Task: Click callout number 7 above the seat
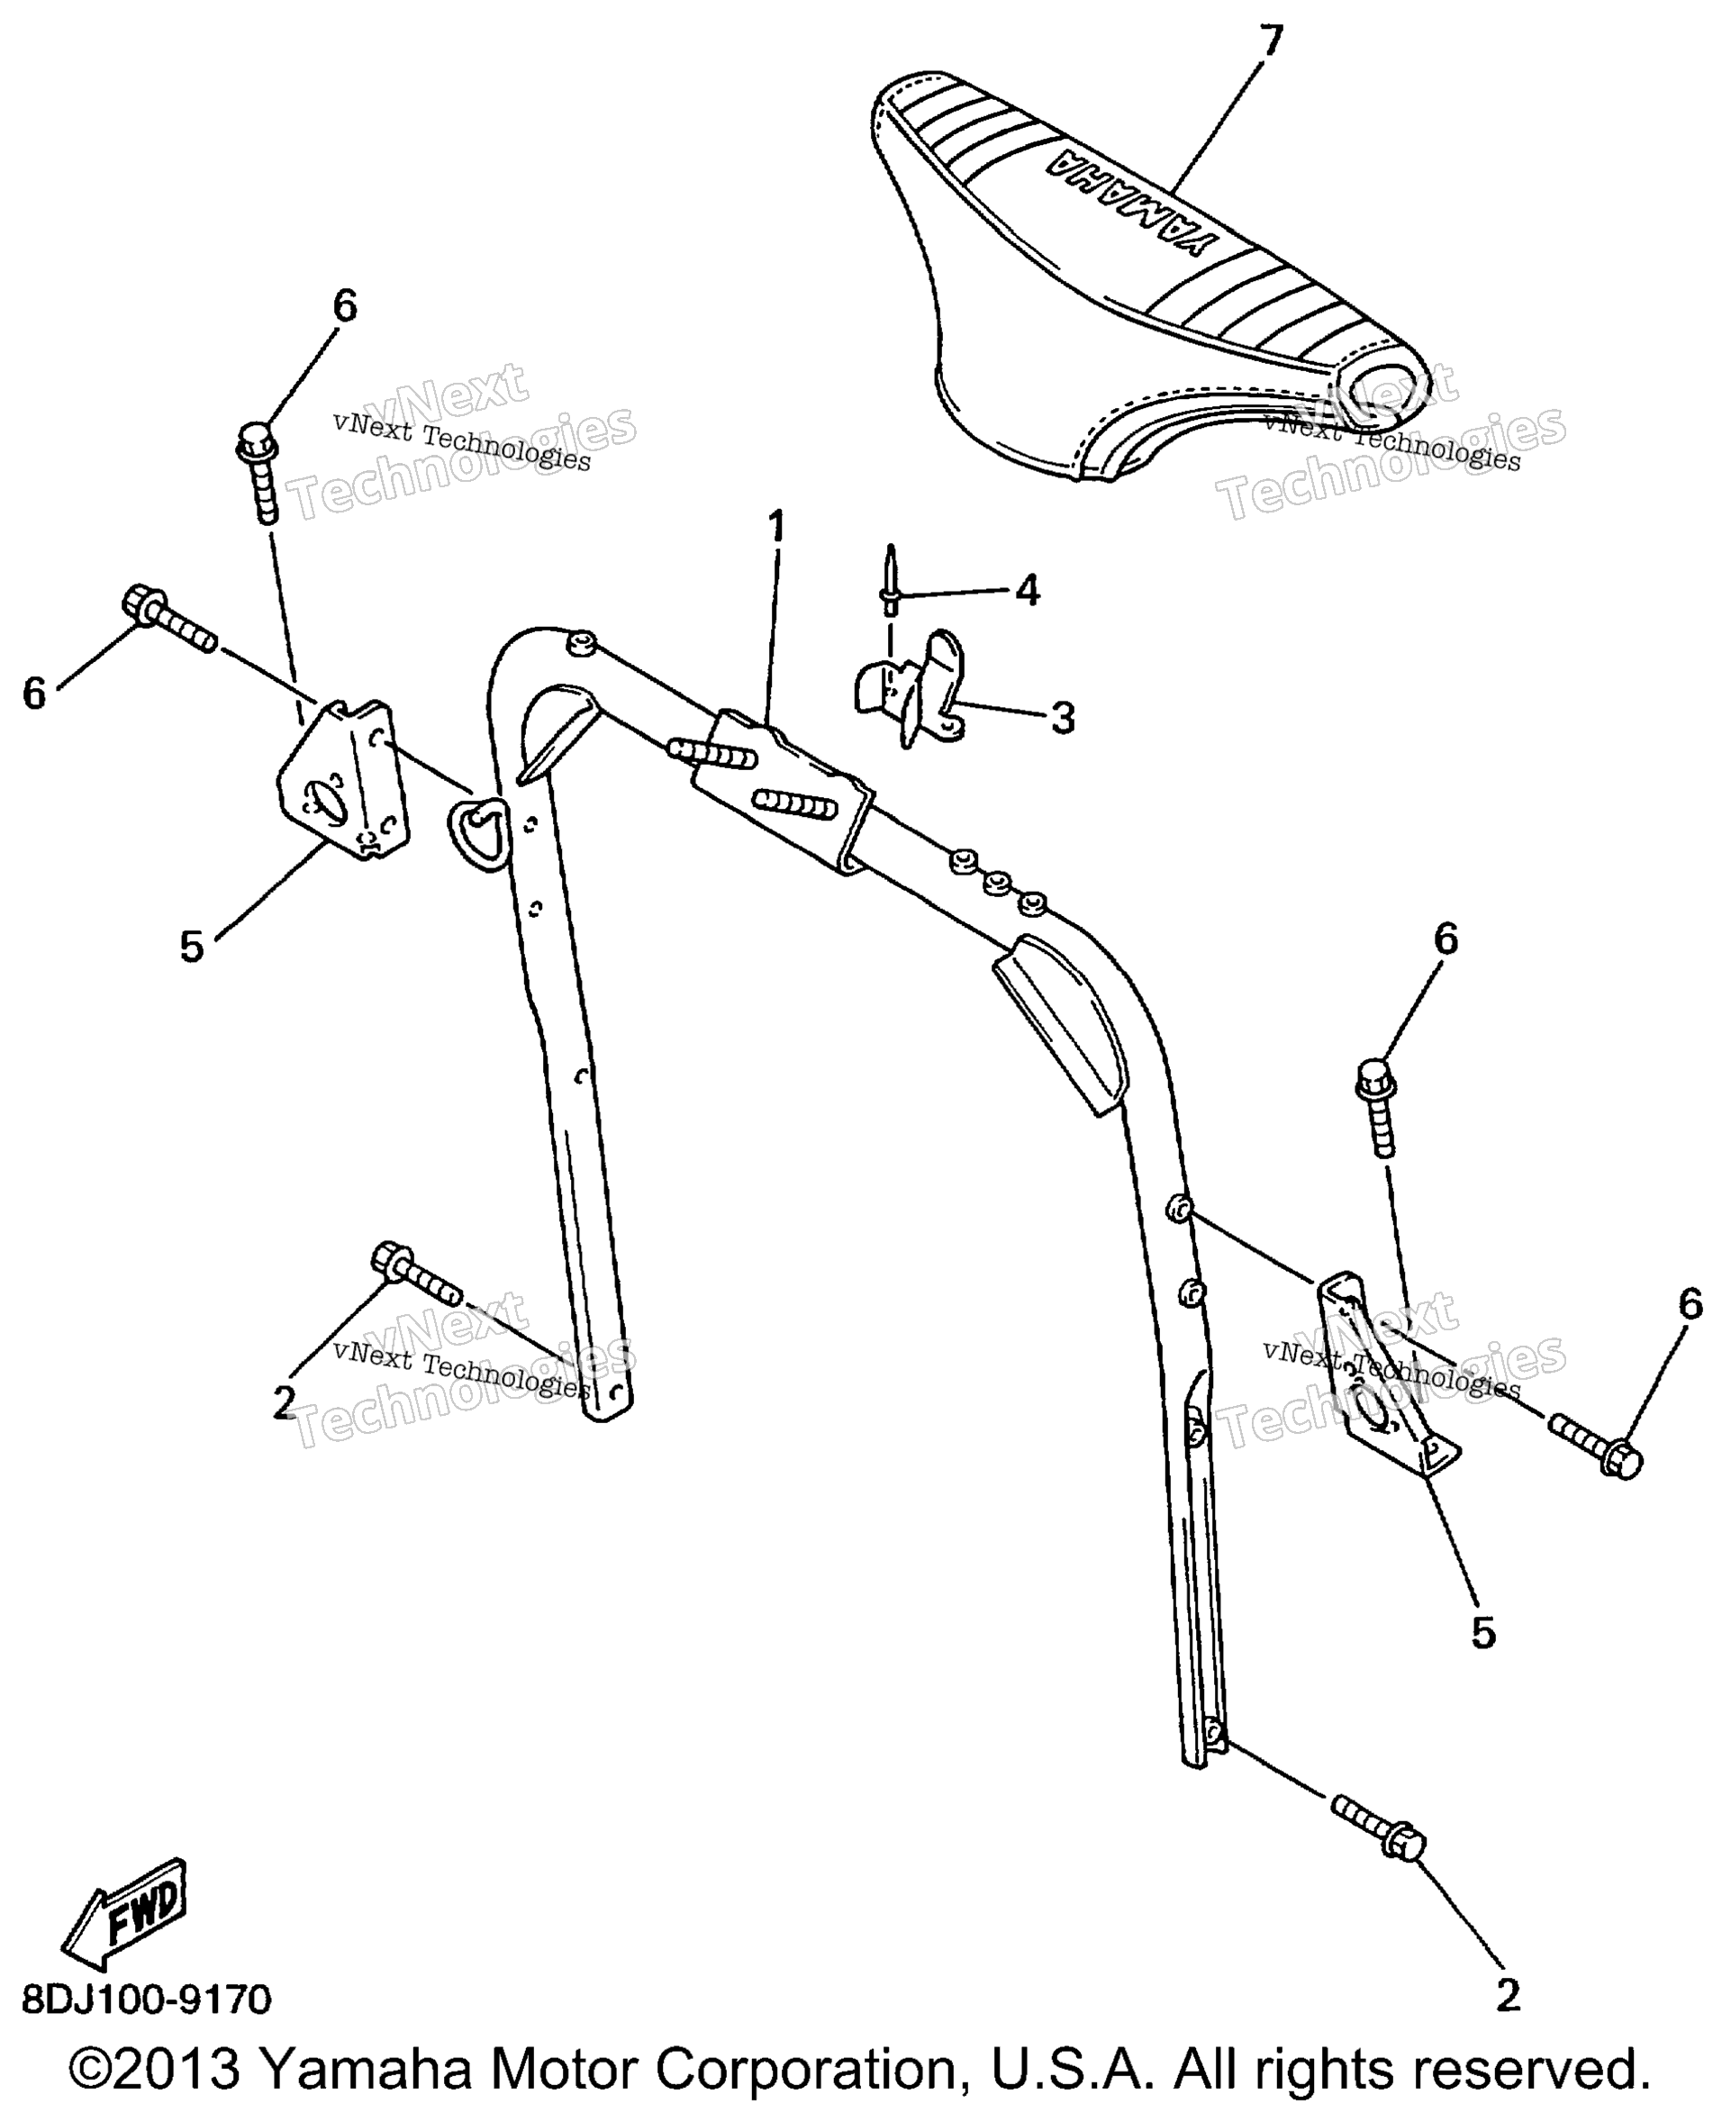(1271, 41)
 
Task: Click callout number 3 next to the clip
(1063, 718)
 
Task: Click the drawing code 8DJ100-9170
(147, 2000)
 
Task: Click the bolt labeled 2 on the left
(414, 1273)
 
